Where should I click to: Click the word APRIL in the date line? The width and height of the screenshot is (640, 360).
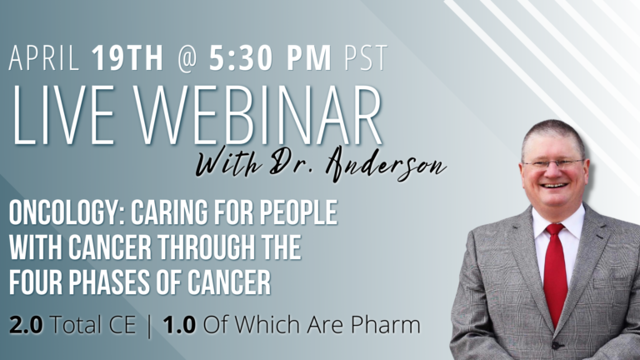[44, 57]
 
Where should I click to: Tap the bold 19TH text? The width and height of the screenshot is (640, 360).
[127, 57]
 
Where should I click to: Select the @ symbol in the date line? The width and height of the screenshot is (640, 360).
[187, 58]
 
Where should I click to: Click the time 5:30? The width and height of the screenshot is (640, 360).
[241, 57]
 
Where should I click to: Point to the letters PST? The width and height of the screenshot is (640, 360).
[365, 57]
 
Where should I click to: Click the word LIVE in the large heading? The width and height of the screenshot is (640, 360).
[62, 115]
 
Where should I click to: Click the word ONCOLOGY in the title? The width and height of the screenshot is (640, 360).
[65, 212]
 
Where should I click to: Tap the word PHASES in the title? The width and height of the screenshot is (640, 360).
[108, 282]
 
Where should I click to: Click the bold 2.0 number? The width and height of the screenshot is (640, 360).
[26, 325]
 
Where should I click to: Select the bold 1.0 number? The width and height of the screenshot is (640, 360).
[179, 325]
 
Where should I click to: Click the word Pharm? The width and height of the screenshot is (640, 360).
[385, 325]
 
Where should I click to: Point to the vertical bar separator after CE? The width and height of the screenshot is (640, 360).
[149, 326]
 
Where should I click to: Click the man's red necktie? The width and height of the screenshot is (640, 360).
[555, 272]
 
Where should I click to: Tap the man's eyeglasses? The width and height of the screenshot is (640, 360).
[554, 164]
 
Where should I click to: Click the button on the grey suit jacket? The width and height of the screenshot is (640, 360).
[556, 345]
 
